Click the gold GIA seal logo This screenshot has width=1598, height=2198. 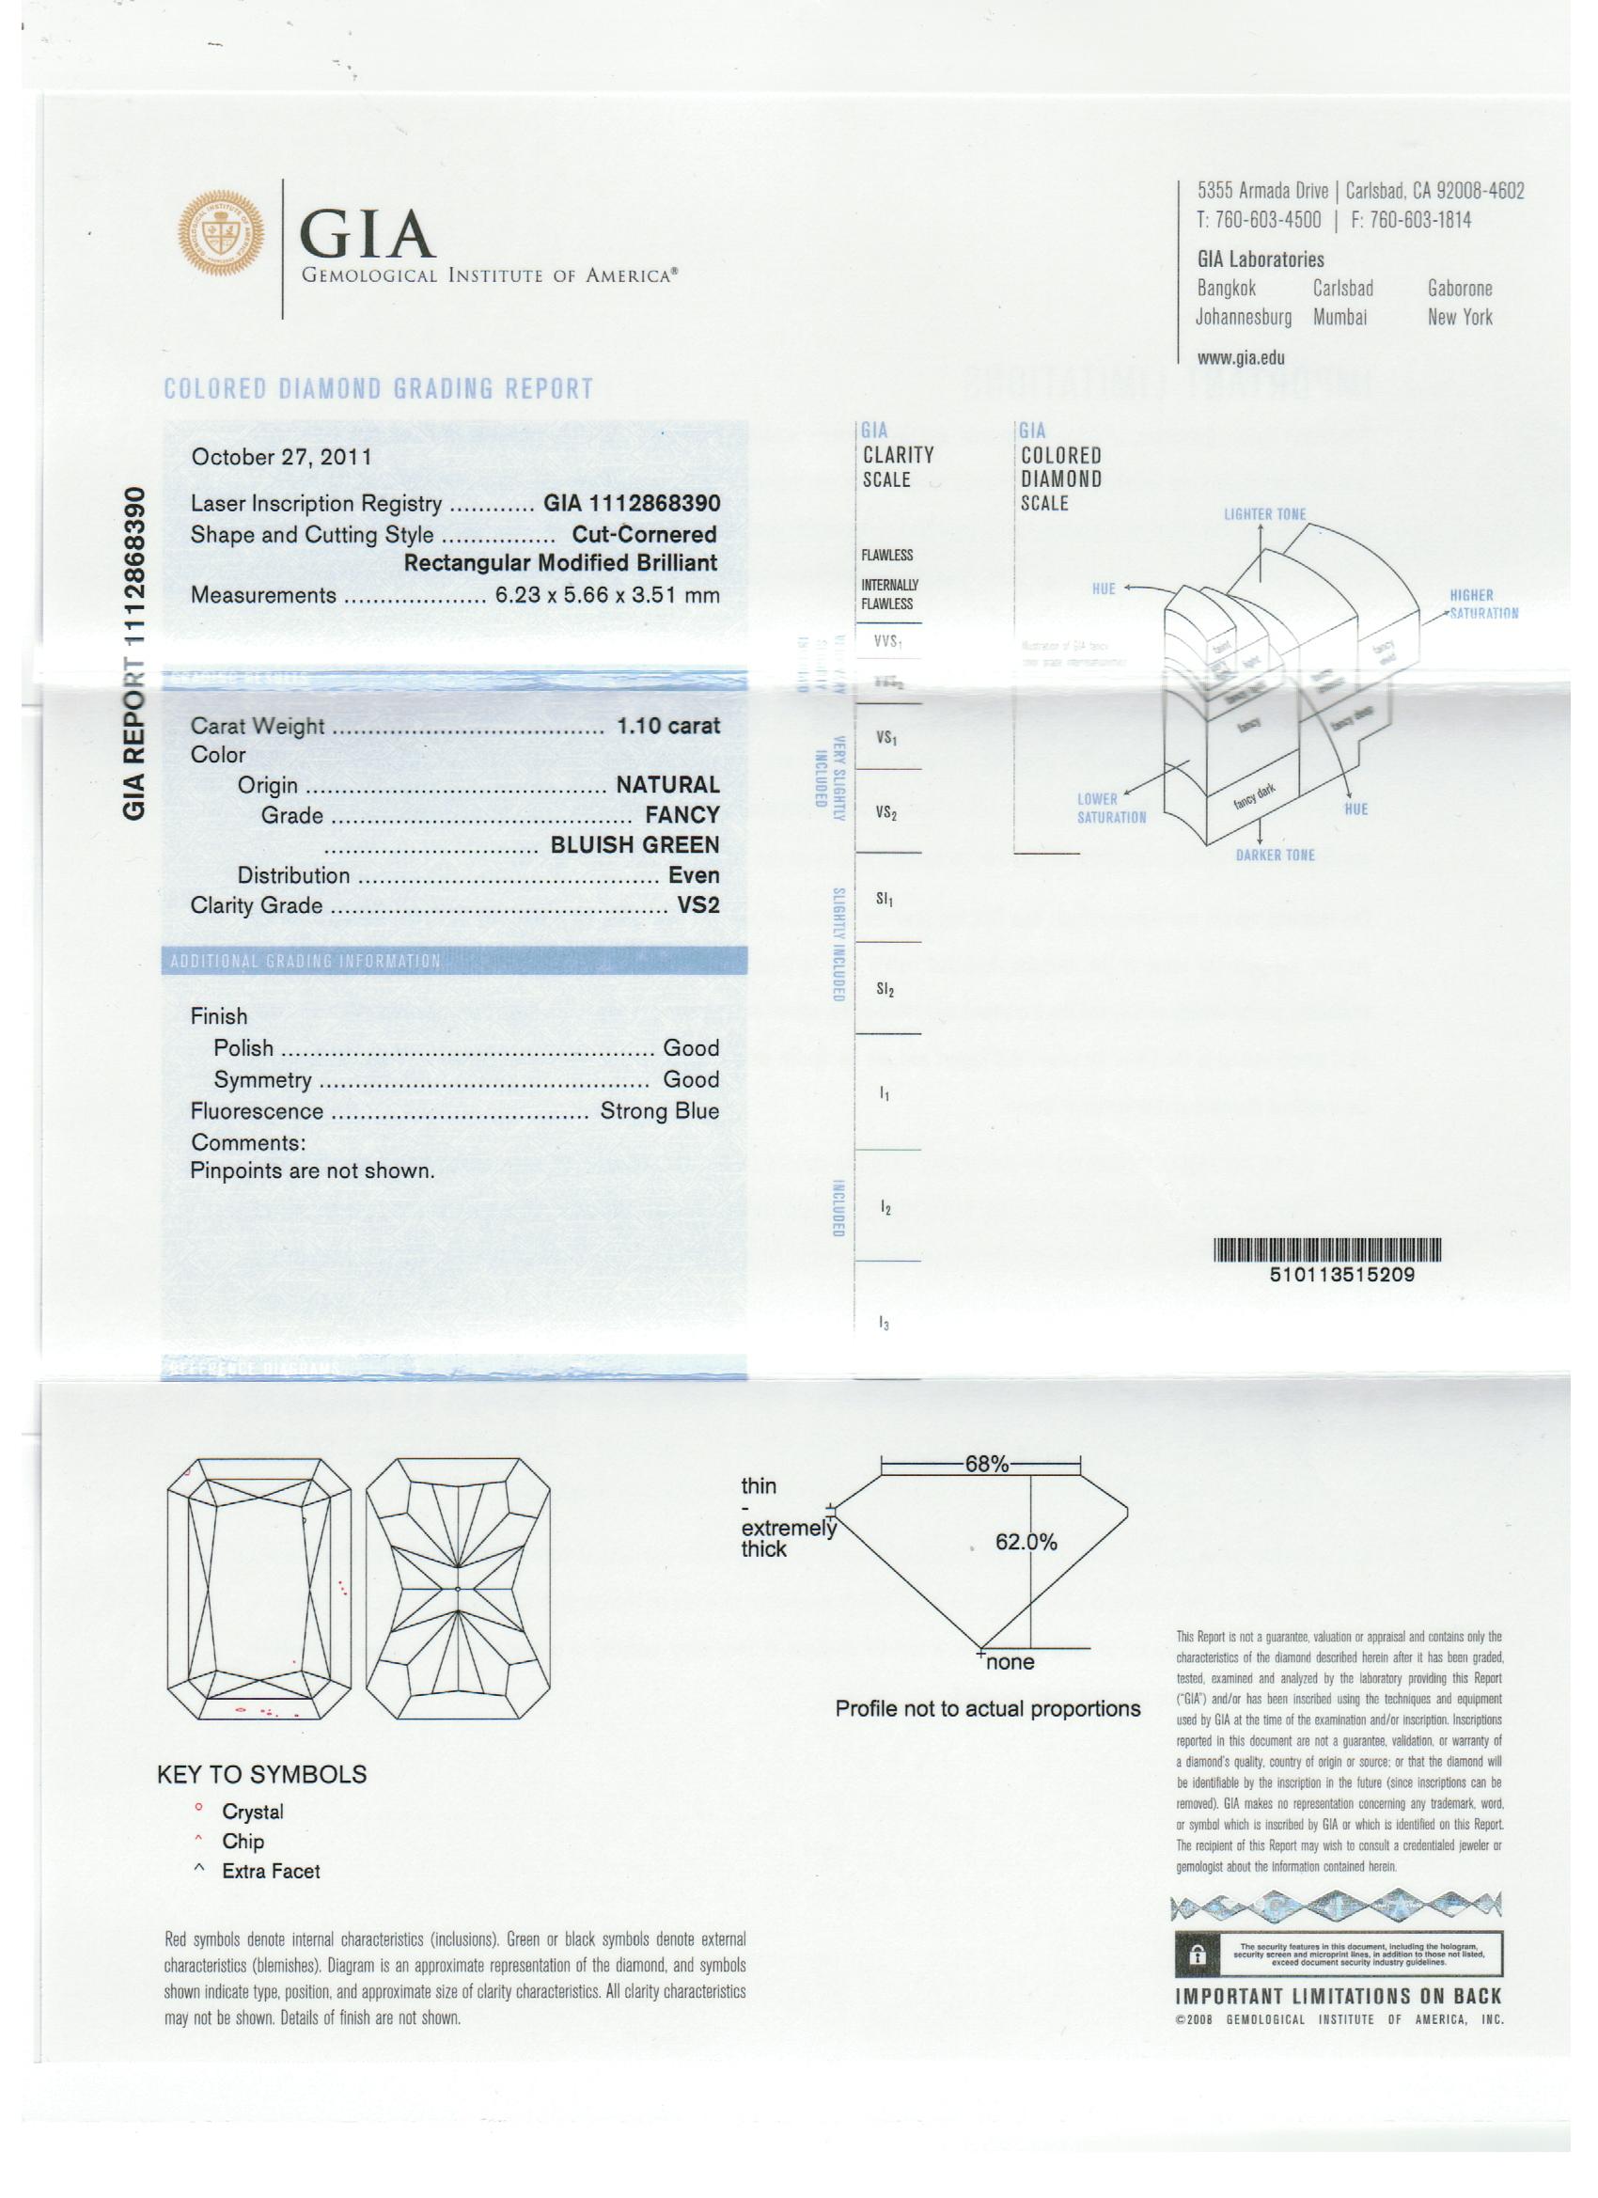221,232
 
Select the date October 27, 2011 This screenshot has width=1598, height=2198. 281,458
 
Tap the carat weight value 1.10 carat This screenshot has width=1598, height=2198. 667,726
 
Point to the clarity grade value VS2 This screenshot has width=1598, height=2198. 697,905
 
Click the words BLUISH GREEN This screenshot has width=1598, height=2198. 634,845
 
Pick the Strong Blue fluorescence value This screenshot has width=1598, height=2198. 659,1110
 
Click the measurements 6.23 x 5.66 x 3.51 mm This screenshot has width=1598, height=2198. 606,595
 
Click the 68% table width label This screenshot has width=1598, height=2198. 986,1465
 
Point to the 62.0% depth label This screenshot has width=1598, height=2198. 1026,1542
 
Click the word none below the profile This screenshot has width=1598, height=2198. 1010,1662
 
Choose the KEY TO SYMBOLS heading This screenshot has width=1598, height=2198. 261,1775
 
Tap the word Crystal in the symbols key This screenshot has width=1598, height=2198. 253,1812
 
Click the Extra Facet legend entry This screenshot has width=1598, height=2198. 271,1872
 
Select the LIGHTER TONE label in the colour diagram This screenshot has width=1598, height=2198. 1263,514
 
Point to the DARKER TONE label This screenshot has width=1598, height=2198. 1275,855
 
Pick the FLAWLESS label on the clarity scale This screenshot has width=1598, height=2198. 886,556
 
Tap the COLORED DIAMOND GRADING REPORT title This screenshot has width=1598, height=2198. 378,389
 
